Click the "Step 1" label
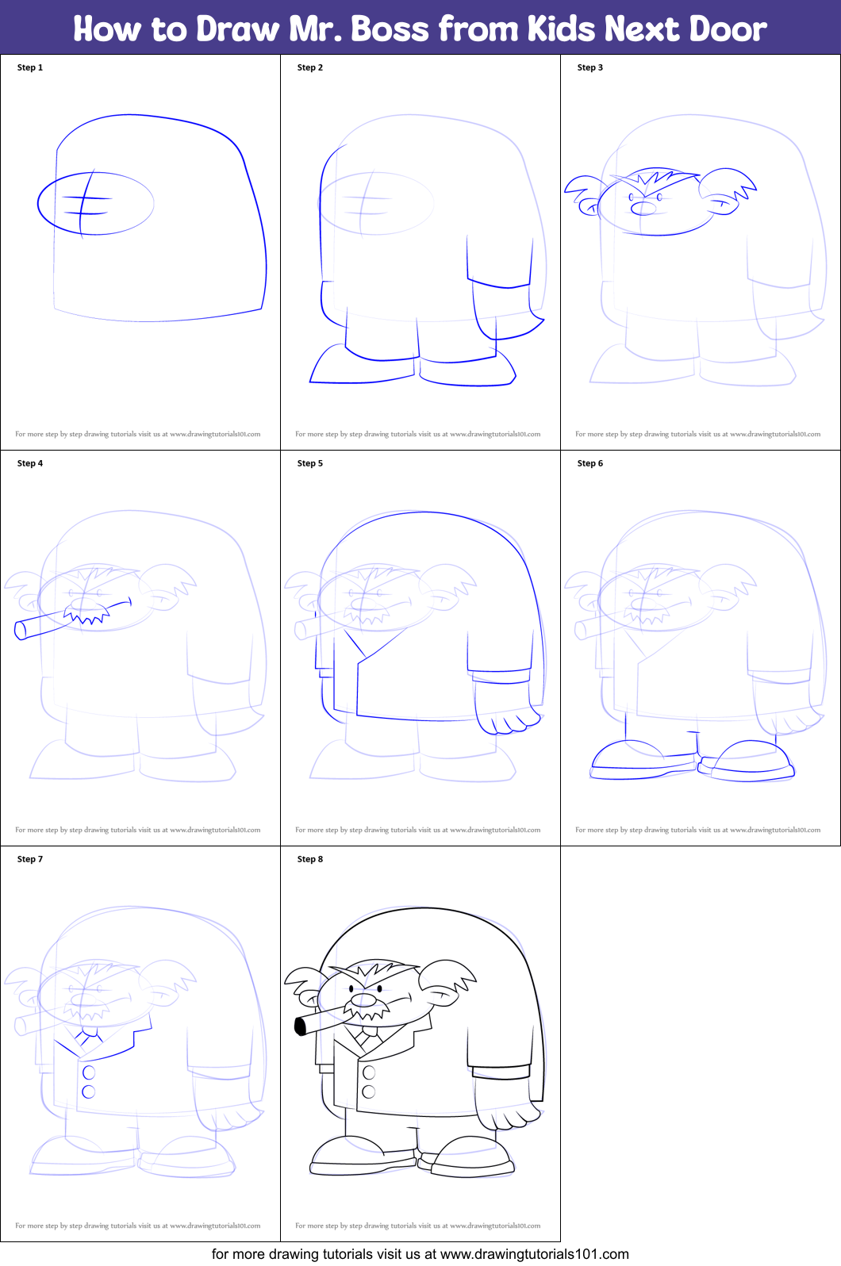tap(30, 67)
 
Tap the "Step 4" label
tap(30, 463)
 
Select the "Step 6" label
tap(589, 463)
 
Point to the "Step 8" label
tap(309, 859)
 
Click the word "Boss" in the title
tap(390, 29)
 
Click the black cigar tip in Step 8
tap(300, 1026)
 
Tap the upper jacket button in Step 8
tap(369, 1072)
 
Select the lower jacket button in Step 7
tap(89, 1091)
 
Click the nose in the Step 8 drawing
tap(363, 1000)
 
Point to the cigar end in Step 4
tap(21, 631)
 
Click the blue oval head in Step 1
tap(95, 204)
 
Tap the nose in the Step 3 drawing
tap(643, 209)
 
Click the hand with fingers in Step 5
tap(508, 720)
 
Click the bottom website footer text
tap(420, 1254)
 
